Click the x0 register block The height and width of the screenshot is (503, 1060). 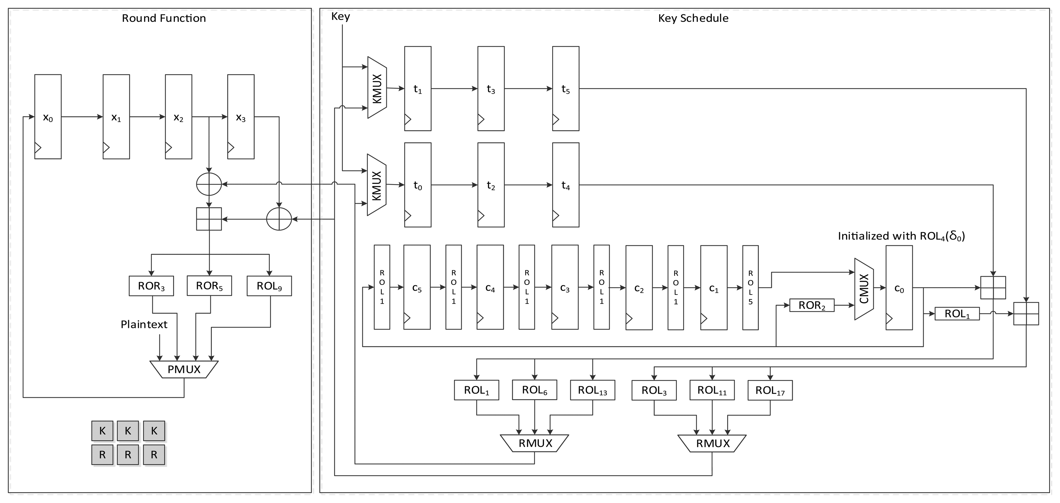[48, 117]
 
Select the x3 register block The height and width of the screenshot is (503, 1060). [241, 117]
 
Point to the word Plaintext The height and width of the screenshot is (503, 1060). [144, 325]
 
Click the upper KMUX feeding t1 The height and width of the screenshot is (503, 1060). [377, 88]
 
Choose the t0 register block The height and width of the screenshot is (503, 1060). [418, 185]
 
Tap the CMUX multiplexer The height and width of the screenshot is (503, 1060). [864, 289]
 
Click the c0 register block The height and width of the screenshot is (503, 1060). [899, 288]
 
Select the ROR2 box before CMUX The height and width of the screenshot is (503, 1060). [812, 305]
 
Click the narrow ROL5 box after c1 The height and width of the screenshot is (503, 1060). [750, 288]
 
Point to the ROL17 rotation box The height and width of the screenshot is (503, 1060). [770, 390]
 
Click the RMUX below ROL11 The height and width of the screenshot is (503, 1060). [712, 443]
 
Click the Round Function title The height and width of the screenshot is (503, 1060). [164, 18]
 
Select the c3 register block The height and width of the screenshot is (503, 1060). [565, 288]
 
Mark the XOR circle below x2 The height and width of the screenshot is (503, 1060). [209, 184]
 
